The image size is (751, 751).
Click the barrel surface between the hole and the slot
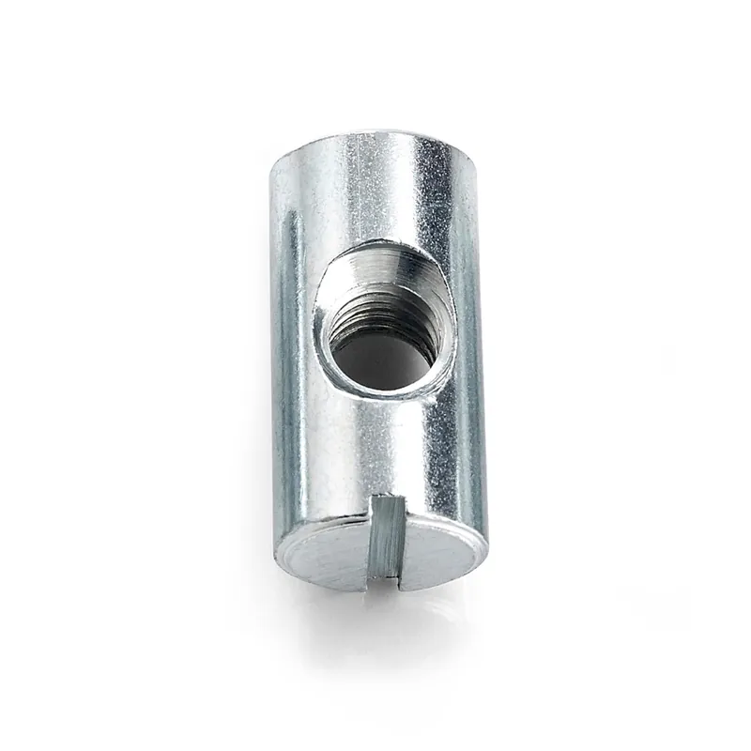coord(385,451)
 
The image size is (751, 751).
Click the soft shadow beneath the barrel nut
coord(385,620)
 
